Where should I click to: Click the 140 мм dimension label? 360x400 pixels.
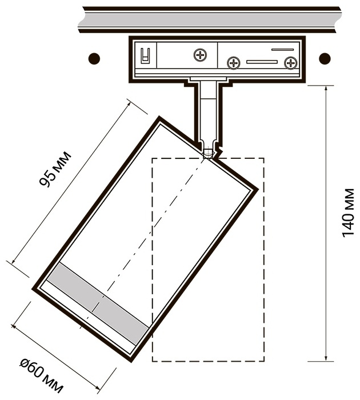[x=348, y=213]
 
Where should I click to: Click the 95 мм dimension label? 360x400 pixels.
[x=55, y=169]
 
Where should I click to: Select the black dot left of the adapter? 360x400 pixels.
[x=94, y=59]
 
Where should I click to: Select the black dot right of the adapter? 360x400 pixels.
[x=325, y=58]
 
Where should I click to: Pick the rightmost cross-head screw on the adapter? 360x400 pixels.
[x=291, y=63]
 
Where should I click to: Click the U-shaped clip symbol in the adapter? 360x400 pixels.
[x=145, y=55]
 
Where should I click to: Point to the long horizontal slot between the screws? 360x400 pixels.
[x=262, y=62]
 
